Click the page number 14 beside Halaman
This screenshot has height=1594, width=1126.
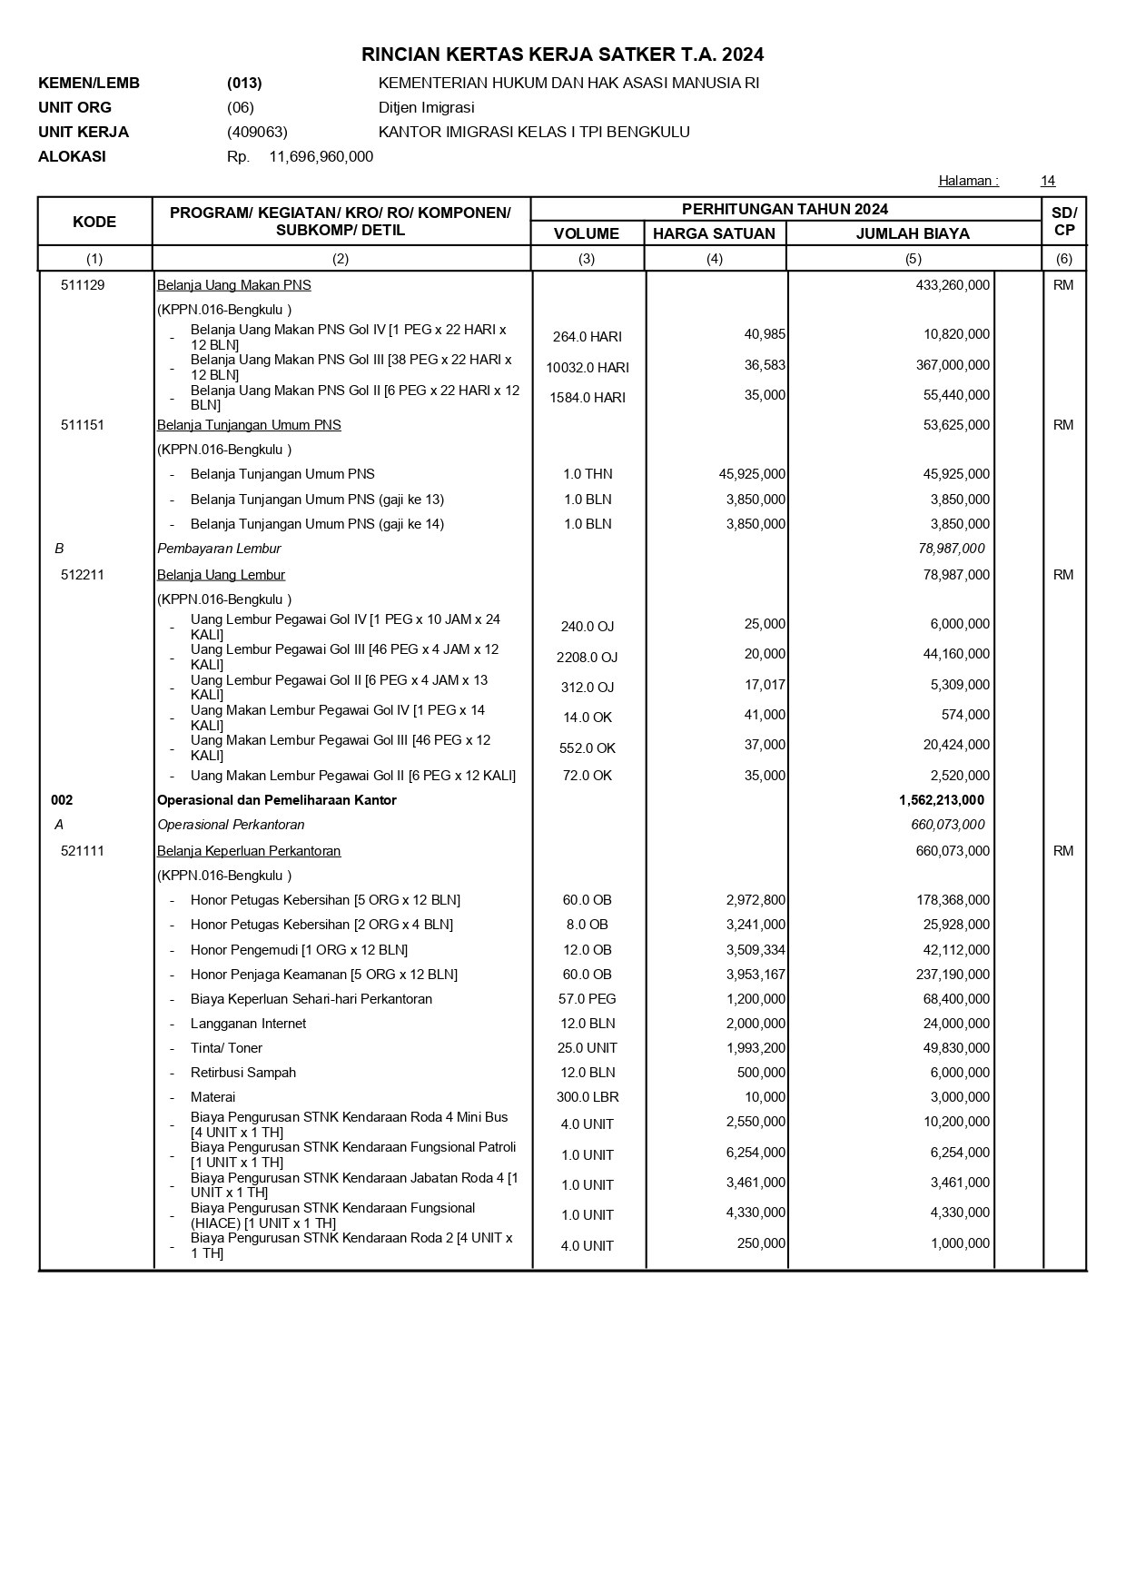coord(1048,181)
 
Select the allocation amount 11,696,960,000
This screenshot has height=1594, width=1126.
coord(321,156)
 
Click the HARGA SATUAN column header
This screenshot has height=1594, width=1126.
coord(714,233)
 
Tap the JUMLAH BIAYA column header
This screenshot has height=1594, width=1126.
coord(913,233)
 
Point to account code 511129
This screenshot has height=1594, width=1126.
coord(83,285)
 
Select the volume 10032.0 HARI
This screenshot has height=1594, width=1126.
coord(588,368)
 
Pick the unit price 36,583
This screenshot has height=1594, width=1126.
coord(765,365)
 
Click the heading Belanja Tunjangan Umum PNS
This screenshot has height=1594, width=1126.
coord(249,425)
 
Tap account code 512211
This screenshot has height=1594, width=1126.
coord(83,575)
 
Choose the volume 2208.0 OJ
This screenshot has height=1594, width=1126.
coord(588,658)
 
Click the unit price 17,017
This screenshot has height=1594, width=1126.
coord(765,685)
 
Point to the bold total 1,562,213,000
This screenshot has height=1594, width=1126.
coord(942,800)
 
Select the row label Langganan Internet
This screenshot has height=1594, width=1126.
coord(248,1024)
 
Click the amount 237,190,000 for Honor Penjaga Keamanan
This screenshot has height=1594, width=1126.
coord(953,975)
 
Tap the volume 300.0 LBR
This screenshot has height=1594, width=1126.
coord(588,1097)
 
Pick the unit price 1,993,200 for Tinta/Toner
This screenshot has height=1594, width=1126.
coord(756,1048)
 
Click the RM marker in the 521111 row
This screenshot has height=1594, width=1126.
coord(1063,851)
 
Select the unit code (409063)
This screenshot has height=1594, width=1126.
coord(257,132)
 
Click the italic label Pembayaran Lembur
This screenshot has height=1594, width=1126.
coord(219,549)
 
